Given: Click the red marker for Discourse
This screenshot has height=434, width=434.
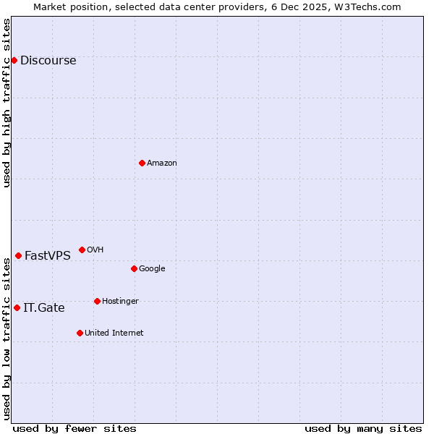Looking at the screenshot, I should point(14,60).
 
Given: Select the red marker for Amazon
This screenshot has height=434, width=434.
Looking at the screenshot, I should point(142,163).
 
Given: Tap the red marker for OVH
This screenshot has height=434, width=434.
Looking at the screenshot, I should point(82,250).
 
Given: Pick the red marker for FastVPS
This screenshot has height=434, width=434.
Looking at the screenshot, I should point(18,255).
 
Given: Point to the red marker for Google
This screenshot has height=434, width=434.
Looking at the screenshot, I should point(134,268).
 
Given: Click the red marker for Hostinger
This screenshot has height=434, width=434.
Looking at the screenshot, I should point(97,301).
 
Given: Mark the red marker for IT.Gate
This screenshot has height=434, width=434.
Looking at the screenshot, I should point(17,307).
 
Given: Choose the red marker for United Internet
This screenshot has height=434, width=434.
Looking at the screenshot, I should point(80,333).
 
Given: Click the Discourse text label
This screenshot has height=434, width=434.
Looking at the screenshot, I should point(48,61).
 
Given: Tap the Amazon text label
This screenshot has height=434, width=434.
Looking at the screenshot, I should point(162,163).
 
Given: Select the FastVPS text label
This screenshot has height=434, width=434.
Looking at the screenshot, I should point(48,256).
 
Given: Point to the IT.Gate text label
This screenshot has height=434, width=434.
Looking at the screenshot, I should point(44,308).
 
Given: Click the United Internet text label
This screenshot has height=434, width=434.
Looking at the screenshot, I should point(114,333).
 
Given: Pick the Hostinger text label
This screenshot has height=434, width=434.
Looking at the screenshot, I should point(120,302).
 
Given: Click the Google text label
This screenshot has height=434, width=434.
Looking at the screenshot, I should point(152,269).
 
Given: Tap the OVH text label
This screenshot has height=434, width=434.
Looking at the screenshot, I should point(95,250).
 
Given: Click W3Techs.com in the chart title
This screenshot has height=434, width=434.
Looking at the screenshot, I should point(367,7).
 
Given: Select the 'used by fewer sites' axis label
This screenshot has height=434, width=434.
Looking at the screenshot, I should point(75,428).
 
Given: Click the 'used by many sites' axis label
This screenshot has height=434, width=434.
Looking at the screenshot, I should point(363,428).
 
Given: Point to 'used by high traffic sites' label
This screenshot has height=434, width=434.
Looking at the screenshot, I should point(7,103).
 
